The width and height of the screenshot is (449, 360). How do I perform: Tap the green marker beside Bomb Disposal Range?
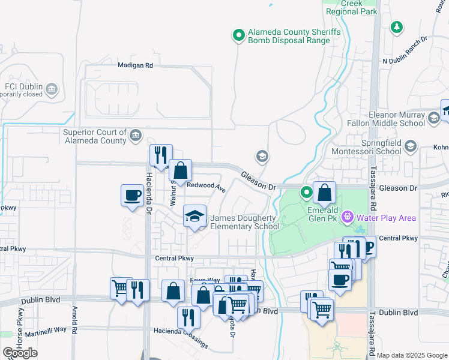pyautogui.click(x=239, y=35)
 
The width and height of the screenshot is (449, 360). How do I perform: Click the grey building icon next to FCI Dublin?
pyautogui.click(x=52, y=90)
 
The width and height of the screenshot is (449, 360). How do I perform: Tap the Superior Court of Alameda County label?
pyautogui.click(x=95, y=136)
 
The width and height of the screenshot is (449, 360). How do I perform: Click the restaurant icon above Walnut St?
pyautogui.click(x=160, y=155)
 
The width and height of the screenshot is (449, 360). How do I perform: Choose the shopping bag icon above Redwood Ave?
pyautogui.click(x=180, y=170)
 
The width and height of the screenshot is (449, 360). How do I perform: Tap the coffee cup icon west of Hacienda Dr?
pyautogui.click(x=132, y=195)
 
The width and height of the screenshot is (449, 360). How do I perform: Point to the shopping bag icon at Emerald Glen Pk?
pyautogui.click(x=324, y=193)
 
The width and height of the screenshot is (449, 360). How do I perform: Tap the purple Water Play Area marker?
pyautogui.click(x=346, y=217)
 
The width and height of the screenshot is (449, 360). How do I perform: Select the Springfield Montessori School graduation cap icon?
pyautogui.click(x=411, y=146)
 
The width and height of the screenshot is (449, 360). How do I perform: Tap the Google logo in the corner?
pyautogui.click(x=20, y=353)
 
